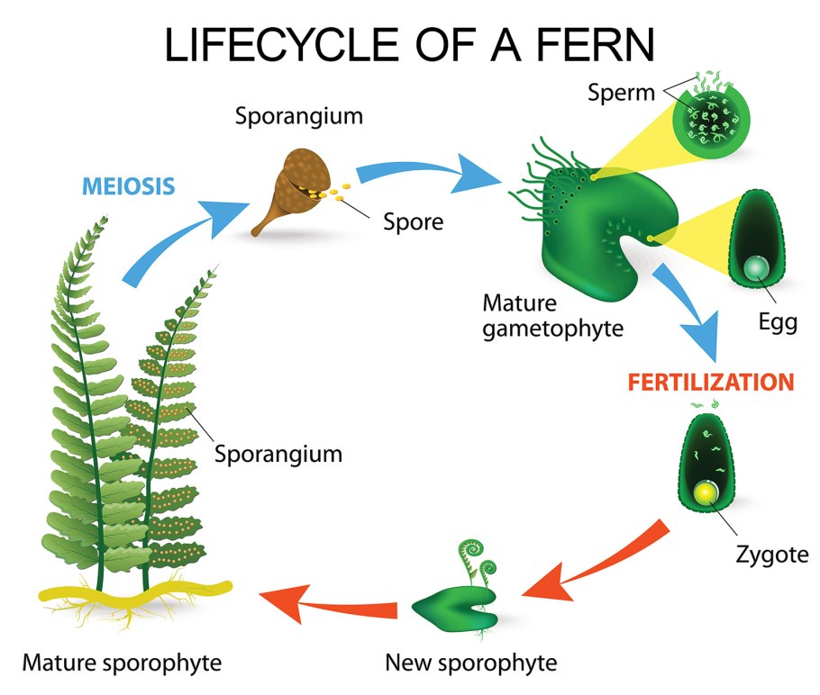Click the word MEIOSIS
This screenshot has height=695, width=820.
click(x=128, y=187)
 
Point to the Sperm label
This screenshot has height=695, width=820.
click(x=621, y=91)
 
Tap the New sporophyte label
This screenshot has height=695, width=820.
click(x=470, y=664)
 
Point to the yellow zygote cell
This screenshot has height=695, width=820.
click(x=704, y=492)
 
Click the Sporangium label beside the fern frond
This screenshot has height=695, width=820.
click(x=278, y=452)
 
